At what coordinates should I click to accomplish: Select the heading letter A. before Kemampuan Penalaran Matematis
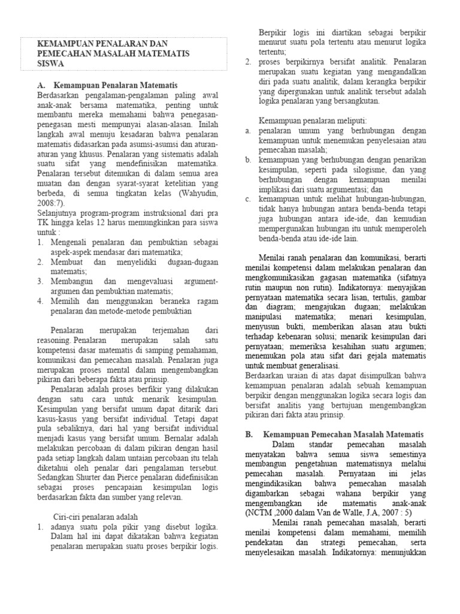coord(41,86)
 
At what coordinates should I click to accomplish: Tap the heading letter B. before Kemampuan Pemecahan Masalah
coord(250,434)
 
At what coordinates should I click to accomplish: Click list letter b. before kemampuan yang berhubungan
coord(248,160)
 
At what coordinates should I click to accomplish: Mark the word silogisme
coord(343,170)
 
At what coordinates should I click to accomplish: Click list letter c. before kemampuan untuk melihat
coord(248,199)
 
